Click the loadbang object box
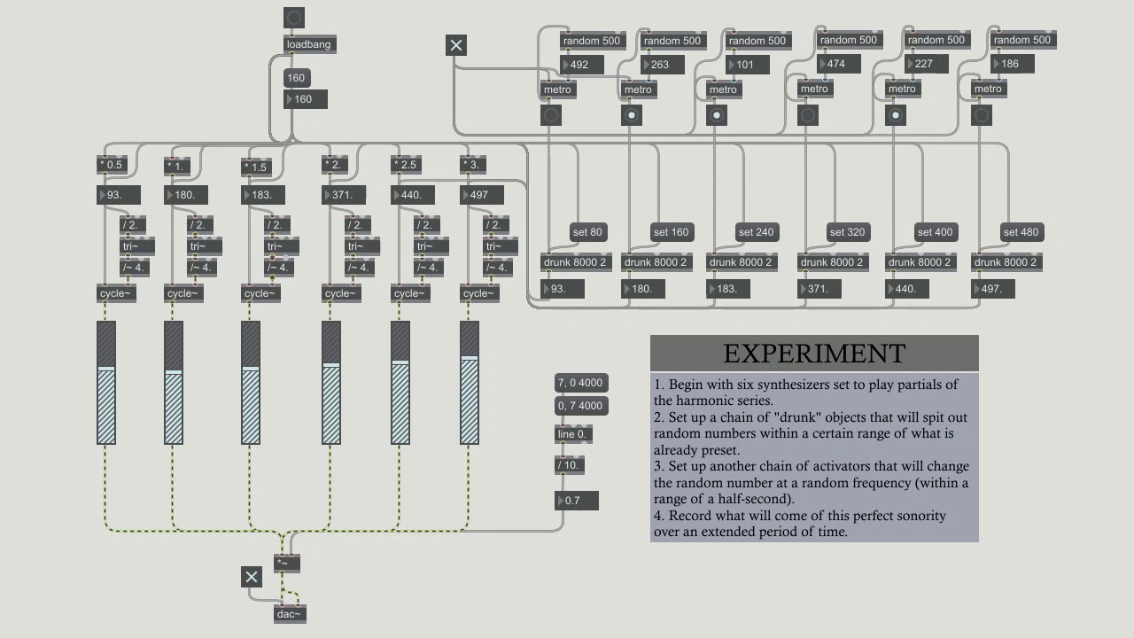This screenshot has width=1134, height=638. pyautogui.click(x=310, y=44)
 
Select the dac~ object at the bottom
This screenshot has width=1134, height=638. pyautogui.click(x=290, y=614)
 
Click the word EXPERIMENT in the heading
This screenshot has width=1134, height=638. pyautogui.click(x=814, y=354)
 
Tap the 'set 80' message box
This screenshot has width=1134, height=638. pyautogui.click(x=587, y=232)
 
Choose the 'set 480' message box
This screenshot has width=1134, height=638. pyautogui.click(x=1021, y=232)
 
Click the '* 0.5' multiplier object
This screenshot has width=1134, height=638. pyautogui.click(x=112, y=165)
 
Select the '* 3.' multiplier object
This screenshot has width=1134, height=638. pyautogui.click(x=473, y=165)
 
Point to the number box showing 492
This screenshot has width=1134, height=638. pyautogui.click(x=582, y=65)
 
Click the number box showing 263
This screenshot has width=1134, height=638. pyautogui.click(x=662, y=65)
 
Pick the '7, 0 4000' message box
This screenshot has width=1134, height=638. pyautogui.click(x=581, y=383)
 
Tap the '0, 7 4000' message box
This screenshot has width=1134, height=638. pyautogui.click(x=581, y=406)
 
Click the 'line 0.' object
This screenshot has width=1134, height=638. pyautogui.click(x=573, y=434)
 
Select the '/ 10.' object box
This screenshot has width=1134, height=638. pyautogui.click(x=569, y=465)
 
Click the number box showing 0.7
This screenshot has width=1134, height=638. pyautogui.click(x=576, y=501)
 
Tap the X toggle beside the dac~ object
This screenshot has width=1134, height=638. pyautogui.click(x=252, y=577)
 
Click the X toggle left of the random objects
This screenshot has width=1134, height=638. pyautogui.click(x=456, y=45)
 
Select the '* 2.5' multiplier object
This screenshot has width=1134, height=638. pyautogui.click(x=407, y=165)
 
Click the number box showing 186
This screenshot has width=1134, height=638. pyautogui.click(x=1012, y=64)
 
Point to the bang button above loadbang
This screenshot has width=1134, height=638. pyautogui.click(x=294, y=19)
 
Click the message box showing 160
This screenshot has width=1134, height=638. pyautogui.click(x=297, y=78)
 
